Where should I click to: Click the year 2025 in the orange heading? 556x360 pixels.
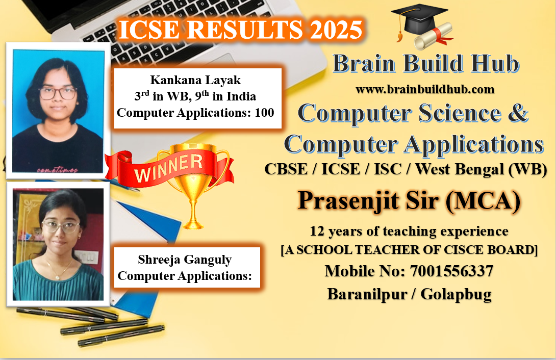coord(337,29)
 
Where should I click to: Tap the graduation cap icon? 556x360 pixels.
coord(418,19)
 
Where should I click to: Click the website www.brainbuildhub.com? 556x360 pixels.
coord(425,89)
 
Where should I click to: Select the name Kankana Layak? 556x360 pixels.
coord(195,81)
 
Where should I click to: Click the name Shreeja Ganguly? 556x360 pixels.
coord(185,260)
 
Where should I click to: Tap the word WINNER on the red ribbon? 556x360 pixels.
coord(168,168)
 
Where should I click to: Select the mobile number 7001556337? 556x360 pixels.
coord(451,271)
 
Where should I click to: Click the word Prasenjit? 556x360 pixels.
coord(348,200)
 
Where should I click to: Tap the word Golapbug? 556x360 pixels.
coord(456,294)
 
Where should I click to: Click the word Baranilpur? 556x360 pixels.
coord(367,294)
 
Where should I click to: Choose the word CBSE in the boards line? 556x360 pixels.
coord(286,169)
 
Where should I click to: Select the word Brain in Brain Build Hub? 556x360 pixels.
coord(364,64)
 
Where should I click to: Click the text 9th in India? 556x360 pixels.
coord(225,96)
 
